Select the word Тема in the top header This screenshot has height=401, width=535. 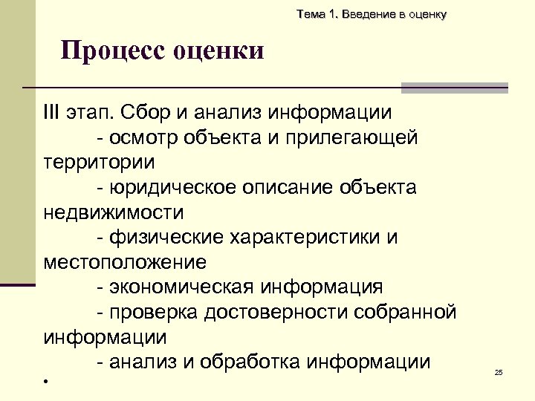point(309,14)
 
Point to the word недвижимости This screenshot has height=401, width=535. point(113,213)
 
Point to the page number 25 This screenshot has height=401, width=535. point(499,372)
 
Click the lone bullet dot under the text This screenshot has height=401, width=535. point(45,382)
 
